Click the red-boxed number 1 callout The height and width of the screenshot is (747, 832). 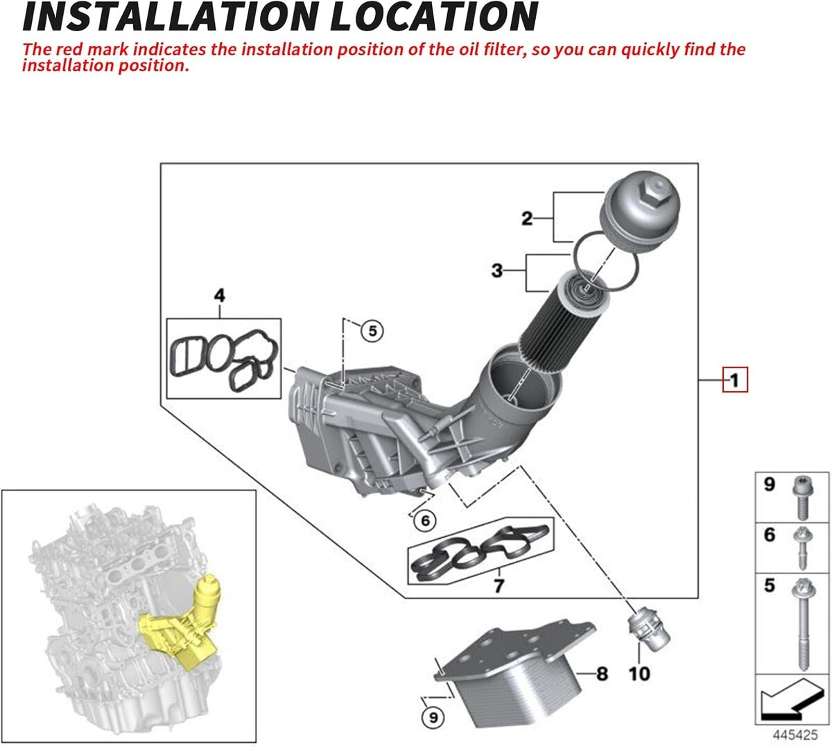[735, 380]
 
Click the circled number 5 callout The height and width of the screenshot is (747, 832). [372, 331]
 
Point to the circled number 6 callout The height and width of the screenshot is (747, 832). [425, 521]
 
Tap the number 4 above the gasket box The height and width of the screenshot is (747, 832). [220, 295]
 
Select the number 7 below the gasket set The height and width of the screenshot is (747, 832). [499, 585]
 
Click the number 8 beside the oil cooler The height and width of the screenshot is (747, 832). [602, 674]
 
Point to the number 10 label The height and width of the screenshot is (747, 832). [639, 674]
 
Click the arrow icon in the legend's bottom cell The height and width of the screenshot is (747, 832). [792, 705]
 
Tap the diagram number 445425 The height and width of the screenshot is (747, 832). [795, 735]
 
